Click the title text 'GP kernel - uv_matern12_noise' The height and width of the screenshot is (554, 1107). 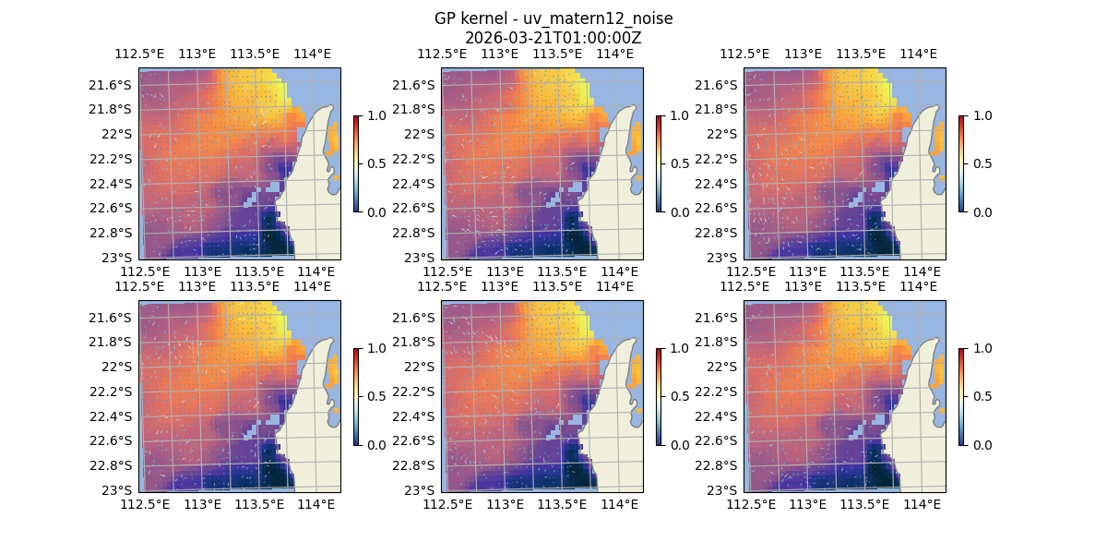point(553,18)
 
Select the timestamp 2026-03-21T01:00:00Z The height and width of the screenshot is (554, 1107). point(553,38)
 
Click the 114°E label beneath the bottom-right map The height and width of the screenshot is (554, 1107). point(922,504)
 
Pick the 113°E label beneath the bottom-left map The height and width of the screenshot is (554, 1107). point(202,504)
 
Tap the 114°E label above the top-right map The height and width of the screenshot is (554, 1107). point(918,54)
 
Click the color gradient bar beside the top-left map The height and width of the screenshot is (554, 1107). point(356,163)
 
